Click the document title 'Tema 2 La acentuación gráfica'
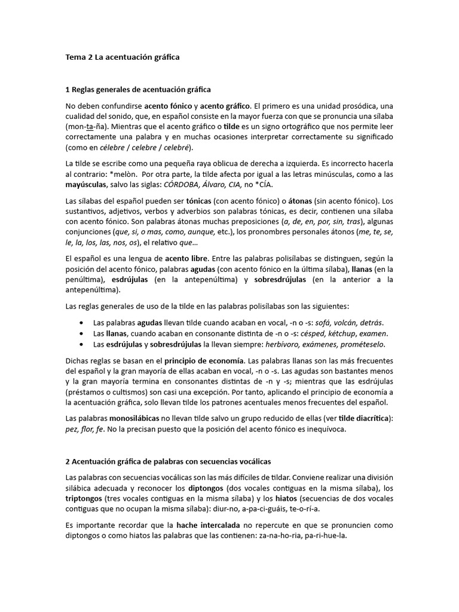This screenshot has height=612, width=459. point(122,57)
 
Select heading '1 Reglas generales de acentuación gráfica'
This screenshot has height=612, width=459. point(137,90)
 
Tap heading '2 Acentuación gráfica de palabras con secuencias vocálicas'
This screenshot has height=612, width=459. point(172,461)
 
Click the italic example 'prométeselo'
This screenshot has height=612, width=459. point(360,344)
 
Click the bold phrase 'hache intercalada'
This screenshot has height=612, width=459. point(208,525)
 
